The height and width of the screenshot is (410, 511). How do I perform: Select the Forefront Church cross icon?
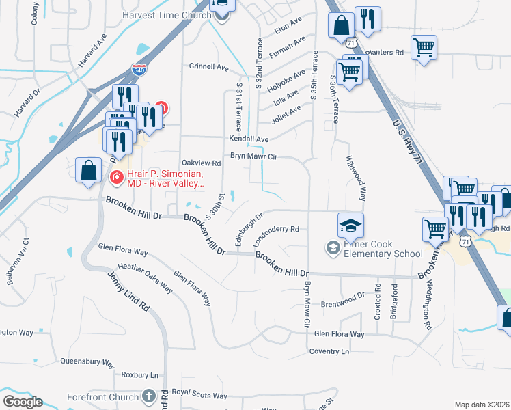tap(150, 396)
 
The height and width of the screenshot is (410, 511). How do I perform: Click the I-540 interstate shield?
tap(138, 70)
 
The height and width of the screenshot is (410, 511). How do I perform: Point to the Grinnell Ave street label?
tap(208, 67)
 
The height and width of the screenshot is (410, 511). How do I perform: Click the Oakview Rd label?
tap(202, 163)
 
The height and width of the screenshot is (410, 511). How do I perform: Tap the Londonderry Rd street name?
tap(277, 236)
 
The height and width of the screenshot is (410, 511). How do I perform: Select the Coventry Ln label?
tap(329, 351)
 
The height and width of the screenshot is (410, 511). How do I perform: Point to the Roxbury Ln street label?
tap(139, 375)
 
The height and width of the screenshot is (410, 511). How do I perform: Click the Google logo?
tap(23, 402)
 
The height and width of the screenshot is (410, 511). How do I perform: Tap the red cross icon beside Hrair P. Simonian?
tap(116, 178)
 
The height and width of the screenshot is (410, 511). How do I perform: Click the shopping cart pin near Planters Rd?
tap(424, 47)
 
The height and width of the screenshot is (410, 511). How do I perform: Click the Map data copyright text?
tap(481, 405)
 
